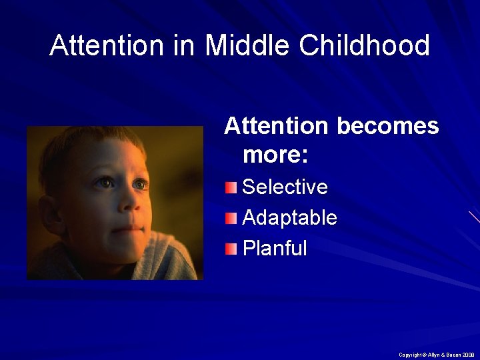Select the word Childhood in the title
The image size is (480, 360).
pos(365,46)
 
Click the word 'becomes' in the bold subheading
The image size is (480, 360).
pos(388,125)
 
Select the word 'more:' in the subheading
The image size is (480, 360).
pos(275,155)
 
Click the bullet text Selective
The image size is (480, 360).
pos(285,187)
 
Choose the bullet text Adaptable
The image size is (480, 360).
pos(289,217)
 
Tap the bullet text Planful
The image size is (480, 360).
pos(275,249)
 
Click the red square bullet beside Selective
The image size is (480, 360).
pos(231,187)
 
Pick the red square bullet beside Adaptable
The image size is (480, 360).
pos(231,218)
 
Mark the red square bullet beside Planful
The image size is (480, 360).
pos(231,249)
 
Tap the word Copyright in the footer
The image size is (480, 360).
pos(409,355)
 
